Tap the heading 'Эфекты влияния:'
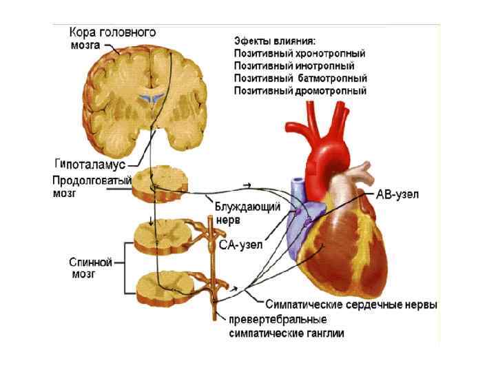276,39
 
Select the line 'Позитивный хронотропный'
300,53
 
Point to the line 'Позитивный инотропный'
294,66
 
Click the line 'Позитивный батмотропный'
300,79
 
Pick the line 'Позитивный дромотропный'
300,91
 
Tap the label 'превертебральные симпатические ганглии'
286,326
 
